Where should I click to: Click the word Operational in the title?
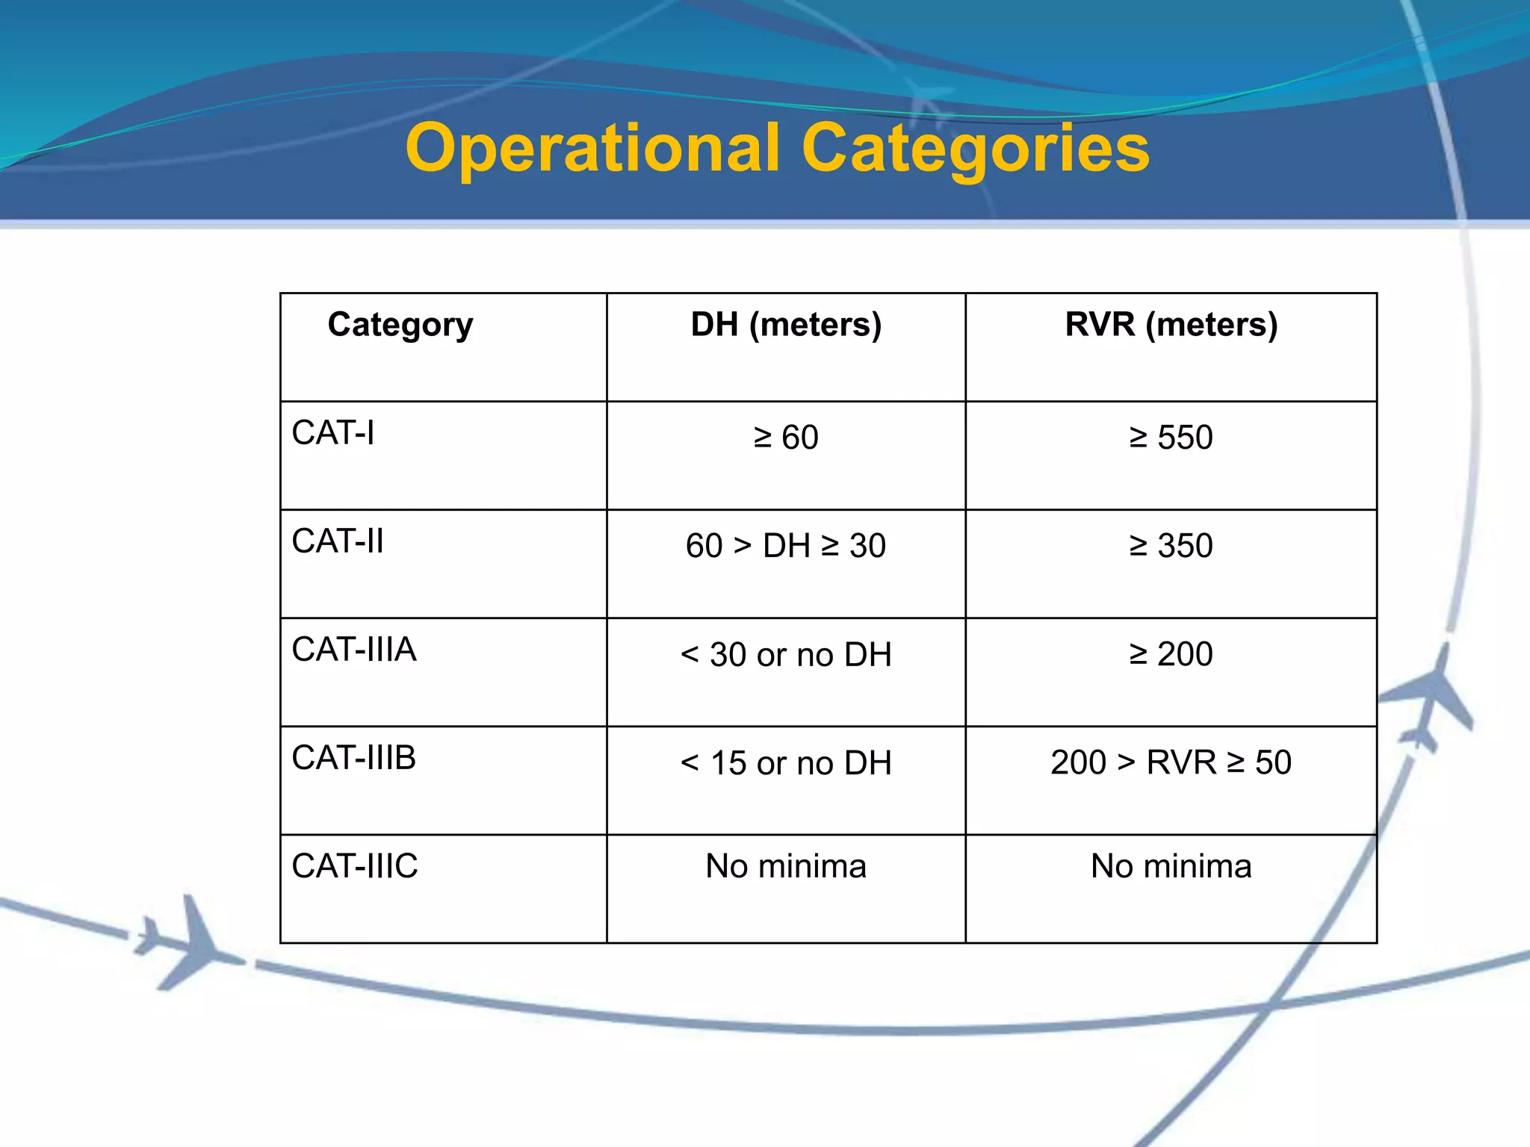(593, 149)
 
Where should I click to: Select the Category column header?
(400, 325)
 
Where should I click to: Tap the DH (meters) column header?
(786, 325)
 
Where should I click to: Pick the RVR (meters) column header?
(1171, 325)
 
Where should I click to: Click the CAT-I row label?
(333, 433)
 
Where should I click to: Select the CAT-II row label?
(338, 541)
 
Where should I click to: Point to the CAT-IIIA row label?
(354, 650)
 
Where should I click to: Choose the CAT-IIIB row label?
(354, 758)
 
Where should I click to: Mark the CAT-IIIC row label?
(355, 866)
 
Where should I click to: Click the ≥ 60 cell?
(786, 438)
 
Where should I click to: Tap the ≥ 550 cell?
(1171, 438)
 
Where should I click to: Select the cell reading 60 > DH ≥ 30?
(786, 546)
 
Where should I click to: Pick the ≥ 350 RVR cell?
(1171, 546)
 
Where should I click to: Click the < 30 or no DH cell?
(786, 655)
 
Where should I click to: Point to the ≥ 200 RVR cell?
(1171, 654)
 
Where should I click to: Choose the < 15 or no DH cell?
(786, 763)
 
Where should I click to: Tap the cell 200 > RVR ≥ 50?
(1171, 762)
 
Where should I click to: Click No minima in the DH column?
(786, 866)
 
